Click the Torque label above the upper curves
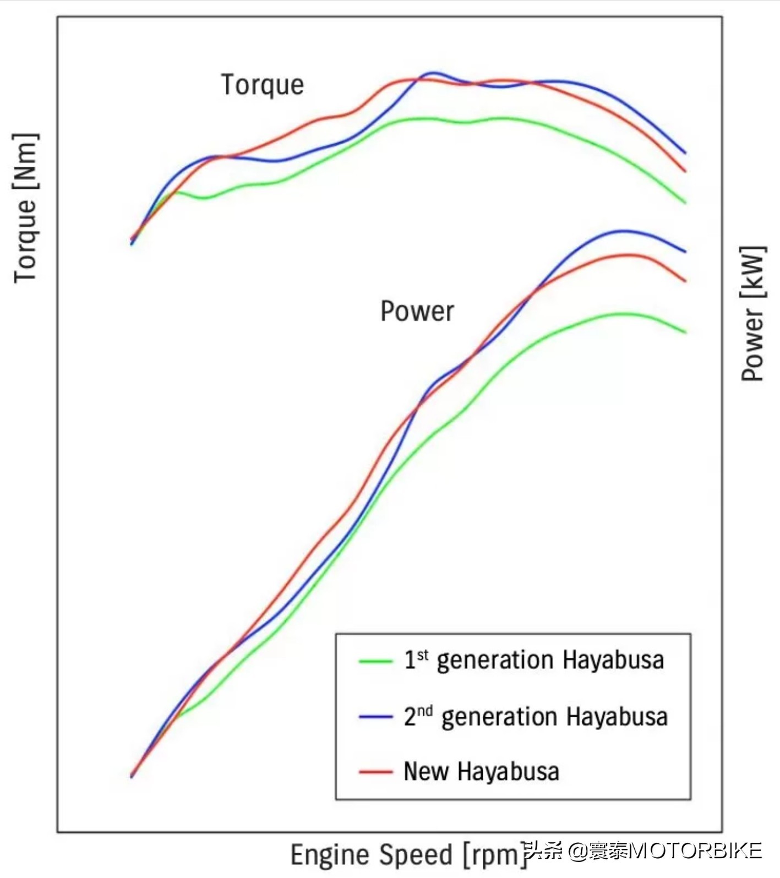pyautogui.click(x=262, y=85)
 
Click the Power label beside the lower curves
pyautogui.click(x=417, y=311)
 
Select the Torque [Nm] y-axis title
pyautogui.click(x=25, y=208)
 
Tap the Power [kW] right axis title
pyautogui.click(x=753, y=313)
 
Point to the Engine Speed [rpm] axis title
pyautogui.click(x=408, y=854)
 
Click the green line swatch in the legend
pyautogui.click(x=375, y=661)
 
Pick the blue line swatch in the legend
pyautogui.click(x=375, y=717)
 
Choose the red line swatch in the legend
pyautogui.click(x=375, y=772)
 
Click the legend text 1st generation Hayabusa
pyautogui.click(x=534, y=660)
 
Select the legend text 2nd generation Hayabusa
pyautogui.click(x=536, y=717)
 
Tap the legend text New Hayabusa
pyautogui.click(x=481, y=771)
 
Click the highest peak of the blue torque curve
pyautogui.click(x=433, y=73)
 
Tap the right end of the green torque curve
pyautogui.click(x=685, y=203)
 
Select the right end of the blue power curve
pyautogui.click(x=685, y=252)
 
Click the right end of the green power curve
pyautogui.click(x=685, y=332)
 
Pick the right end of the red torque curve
pyautogui.click(x=685, y=171)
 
